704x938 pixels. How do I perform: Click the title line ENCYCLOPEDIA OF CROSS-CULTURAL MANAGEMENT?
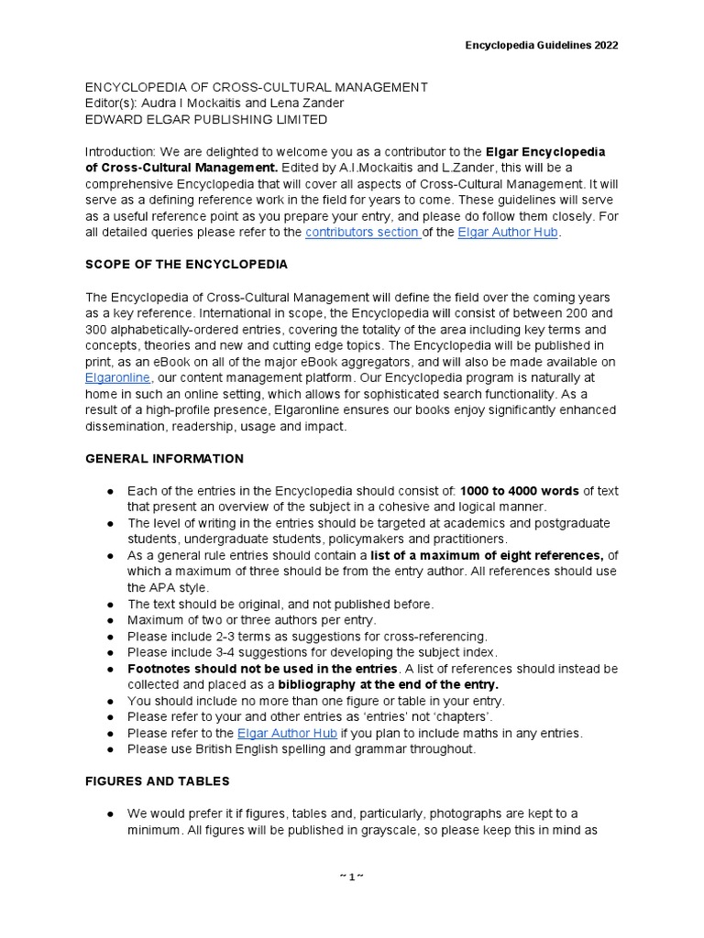click(256, 87)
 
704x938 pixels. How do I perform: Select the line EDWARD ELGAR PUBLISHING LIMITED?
click(205, 119)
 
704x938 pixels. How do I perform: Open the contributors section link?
click(362, 233)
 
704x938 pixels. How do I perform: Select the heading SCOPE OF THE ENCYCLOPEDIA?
click(186, 265)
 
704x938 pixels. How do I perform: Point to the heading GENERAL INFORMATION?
click(164, 458)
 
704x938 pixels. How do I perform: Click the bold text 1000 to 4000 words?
click(520, 490)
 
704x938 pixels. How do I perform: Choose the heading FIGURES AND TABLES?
click(157, 781)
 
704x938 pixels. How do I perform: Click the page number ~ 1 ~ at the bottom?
click(352, 877)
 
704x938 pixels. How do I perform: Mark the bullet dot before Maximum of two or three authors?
click(109, 620)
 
